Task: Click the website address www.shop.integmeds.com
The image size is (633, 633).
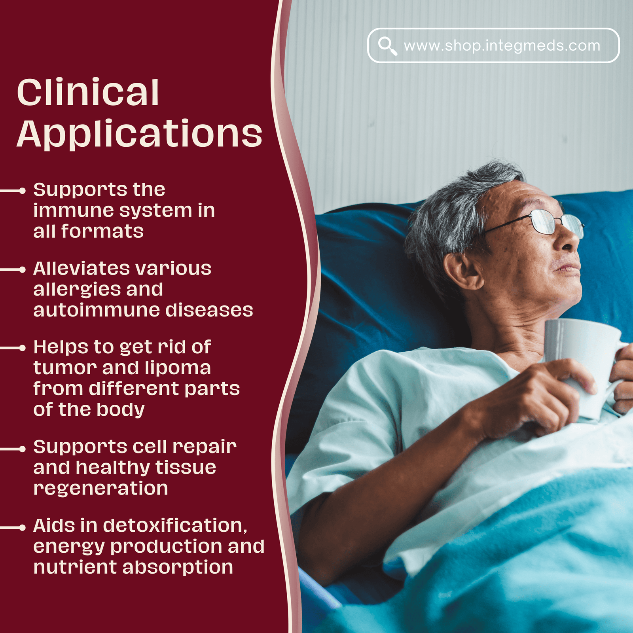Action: tap(502, 46)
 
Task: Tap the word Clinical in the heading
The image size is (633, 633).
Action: tap(88, 93)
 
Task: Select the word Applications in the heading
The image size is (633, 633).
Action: tap(139, 135)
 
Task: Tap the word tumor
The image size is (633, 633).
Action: tap(64, 368)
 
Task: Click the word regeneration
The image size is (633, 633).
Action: tap(101, 489)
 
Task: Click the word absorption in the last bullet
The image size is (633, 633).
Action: tap(178, 567)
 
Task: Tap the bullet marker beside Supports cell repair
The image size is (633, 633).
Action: tap(22, 449)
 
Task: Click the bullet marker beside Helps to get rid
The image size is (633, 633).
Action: tap(22, 348)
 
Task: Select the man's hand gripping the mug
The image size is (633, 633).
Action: tap(534, 400)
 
